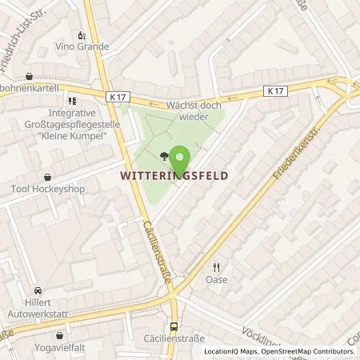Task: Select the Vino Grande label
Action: (x=82, y=47)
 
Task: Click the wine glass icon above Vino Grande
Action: (x=82, y=34)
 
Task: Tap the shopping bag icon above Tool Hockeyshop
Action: (x=47, y=177)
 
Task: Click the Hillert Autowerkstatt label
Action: (x=38, y=306)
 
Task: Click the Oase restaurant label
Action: (x=216, y=279)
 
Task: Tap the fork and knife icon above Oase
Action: (x=216, y=267)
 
